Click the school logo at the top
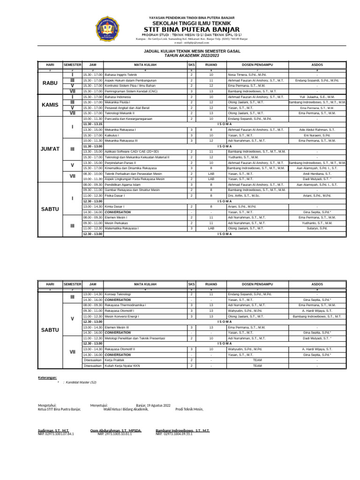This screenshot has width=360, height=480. tap(108, 29)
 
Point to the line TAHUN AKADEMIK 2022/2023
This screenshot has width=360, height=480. tap(192, 55)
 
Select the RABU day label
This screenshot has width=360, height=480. tap(50, 83)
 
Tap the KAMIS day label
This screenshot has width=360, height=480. tap(50, 105)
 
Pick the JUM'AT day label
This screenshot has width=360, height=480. tap(50, 149)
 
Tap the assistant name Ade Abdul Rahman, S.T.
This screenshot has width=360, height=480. tap(317, 129)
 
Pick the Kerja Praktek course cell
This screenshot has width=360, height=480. tap(115, 360)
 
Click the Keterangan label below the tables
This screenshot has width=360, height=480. tap(47, 377)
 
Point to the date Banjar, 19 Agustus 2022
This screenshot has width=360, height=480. tap(153, 405)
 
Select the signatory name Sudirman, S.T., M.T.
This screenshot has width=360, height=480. tap(53, 430)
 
